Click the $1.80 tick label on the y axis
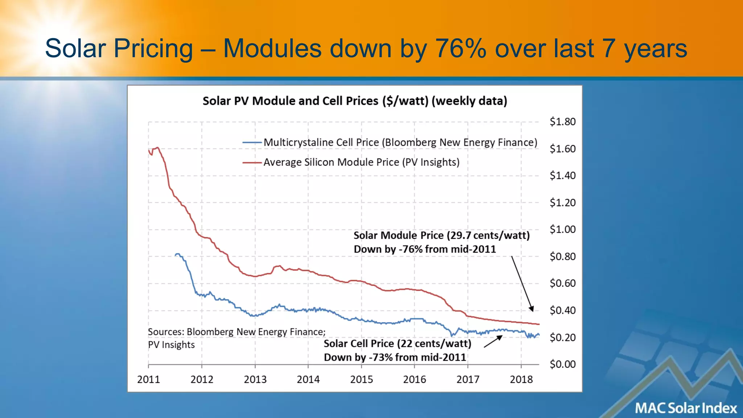pyautogui.click(x=562, y=122)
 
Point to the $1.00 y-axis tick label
pyautogui.click(x=562, y=229)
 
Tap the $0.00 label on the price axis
pyautogui.click(x=562, y=364)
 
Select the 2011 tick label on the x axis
pyautogui.click(x=148, y=380)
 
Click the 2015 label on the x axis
pyautogui.click(x=361, y=380)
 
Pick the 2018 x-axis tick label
pyautogui.click(x=521, y=380)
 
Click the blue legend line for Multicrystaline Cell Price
pyautogui.click(x=252, y=143)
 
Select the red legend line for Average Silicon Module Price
pyautogui.click(x=252, y=163)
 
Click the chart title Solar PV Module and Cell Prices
pyautogui.click(x=354, y=101)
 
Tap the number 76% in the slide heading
pyautogui.click(x=460, y=48)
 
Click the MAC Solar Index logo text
pyautogui.click(x=686, y=408)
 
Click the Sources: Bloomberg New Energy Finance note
pyautogui.click(x=237, y=332)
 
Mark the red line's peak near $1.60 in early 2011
pyautogui.click(x=157, y=148)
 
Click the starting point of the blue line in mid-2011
pyautogui.click(x=176, y=255)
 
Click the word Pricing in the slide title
pyautogui.click(x=153, y=48)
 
